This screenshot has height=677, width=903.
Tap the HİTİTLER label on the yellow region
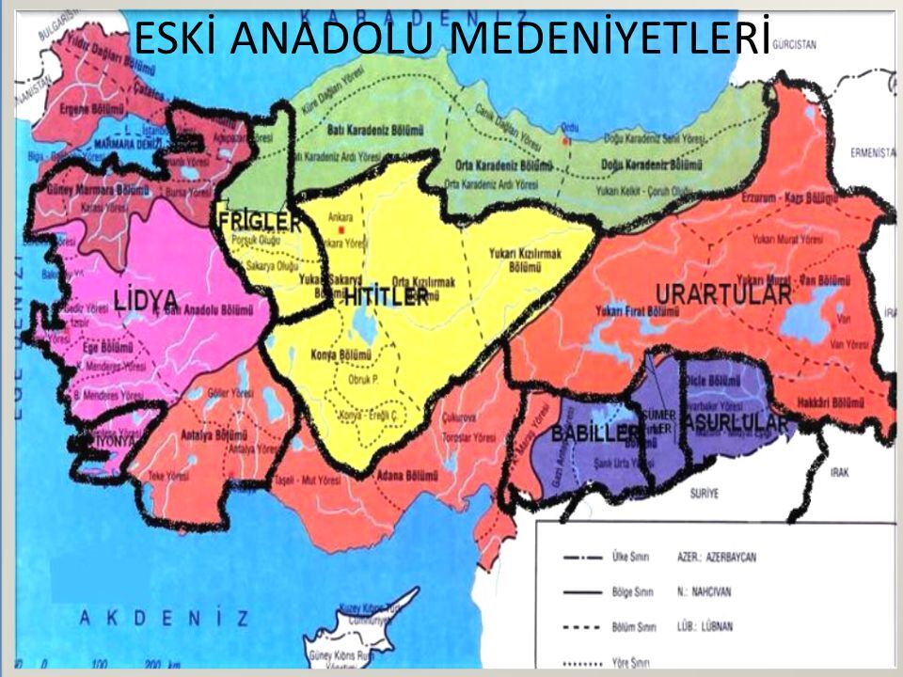(x=386, y=297)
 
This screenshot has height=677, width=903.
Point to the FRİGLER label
(x=259, y=223)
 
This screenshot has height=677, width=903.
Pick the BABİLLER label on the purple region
(x=595, y=433)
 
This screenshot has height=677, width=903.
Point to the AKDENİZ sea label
(x=164, y=618)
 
